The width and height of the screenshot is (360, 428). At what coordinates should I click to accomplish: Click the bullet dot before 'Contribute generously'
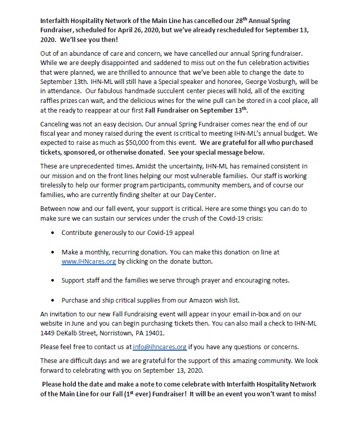click(x=54, y=232)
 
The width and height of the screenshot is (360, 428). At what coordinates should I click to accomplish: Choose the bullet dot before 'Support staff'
click(x=54, y=281)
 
